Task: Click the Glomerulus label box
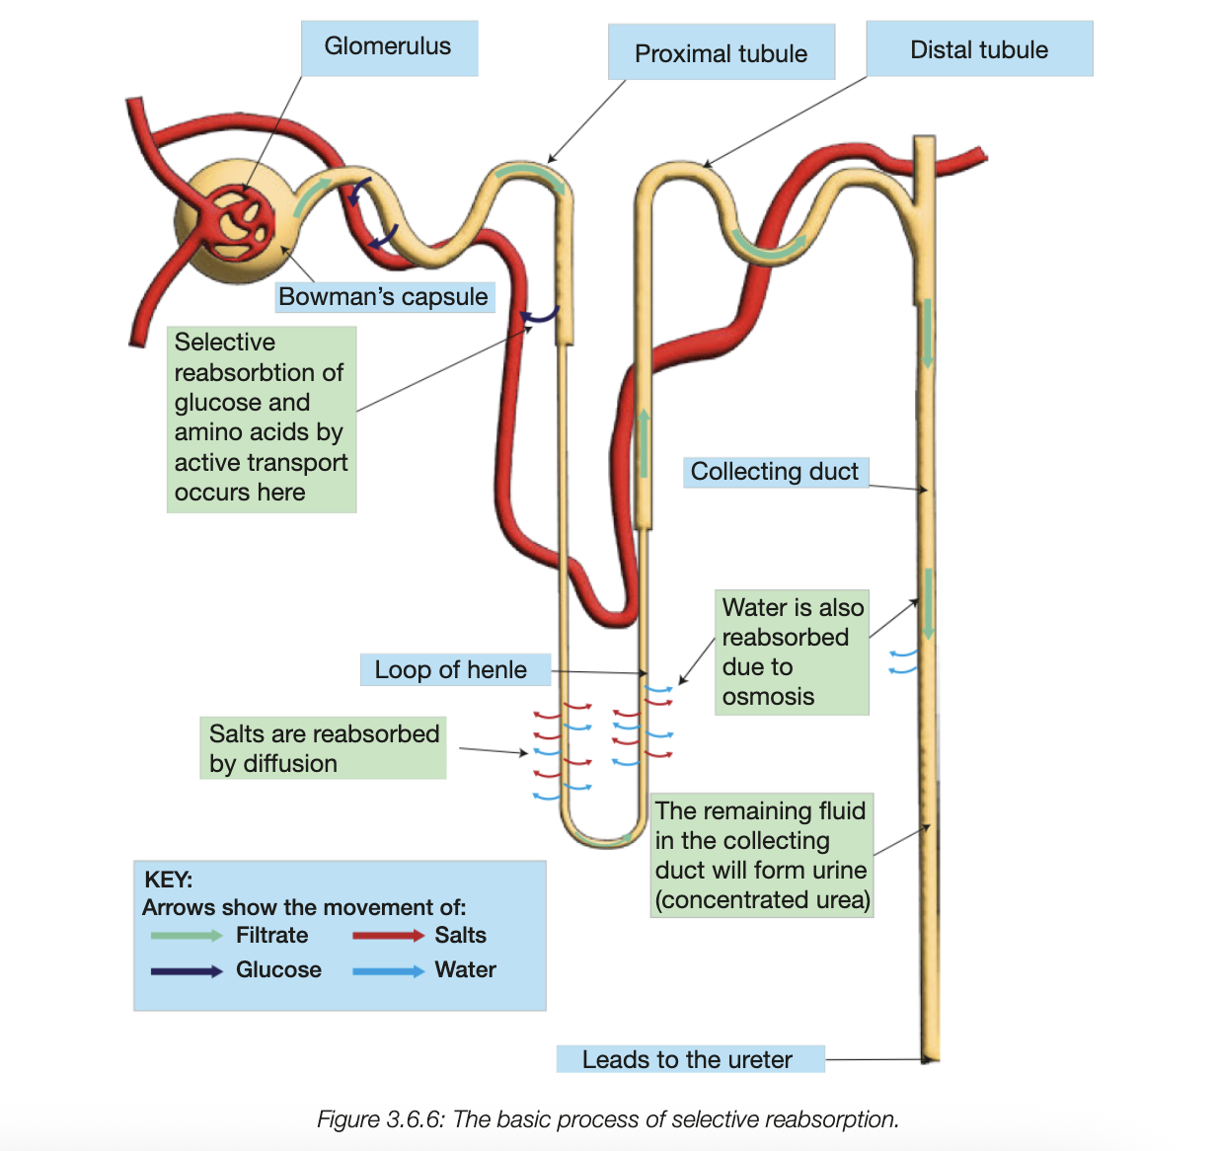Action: (389, 47)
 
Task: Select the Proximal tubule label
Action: (721, 53)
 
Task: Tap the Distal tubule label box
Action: (979, 49)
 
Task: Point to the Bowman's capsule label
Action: (383, 296)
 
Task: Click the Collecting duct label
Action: (774, 472)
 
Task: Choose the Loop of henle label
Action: (451, 670)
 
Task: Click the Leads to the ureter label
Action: (687, 1059)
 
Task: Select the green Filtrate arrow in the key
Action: (187, 936)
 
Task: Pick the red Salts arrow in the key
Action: (388, 936)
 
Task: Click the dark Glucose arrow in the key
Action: (187, 971)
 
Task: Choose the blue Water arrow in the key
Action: (388, 971)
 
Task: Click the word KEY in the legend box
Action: (168, 880)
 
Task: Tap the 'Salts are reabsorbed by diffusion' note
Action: (323, 748)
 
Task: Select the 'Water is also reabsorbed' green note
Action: (792, 652)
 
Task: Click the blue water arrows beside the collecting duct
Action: (902, 661)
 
